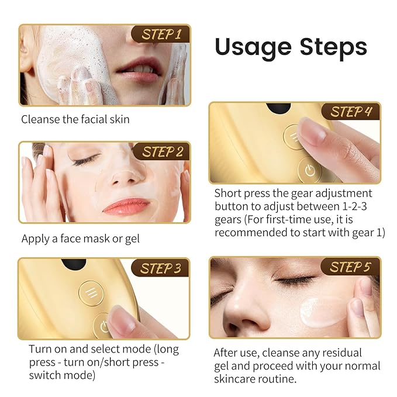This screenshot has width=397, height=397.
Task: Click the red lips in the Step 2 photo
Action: (126, 205)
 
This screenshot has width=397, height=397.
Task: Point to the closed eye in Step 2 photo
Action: (86, 160)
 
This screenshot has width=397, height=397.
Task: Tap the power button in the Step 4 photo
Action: (309, 171)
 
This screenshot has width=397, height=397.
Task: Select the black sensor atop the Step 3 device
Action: (71, 265)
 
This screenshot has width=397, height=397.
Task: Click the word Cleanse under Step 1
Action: (42, 119)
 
